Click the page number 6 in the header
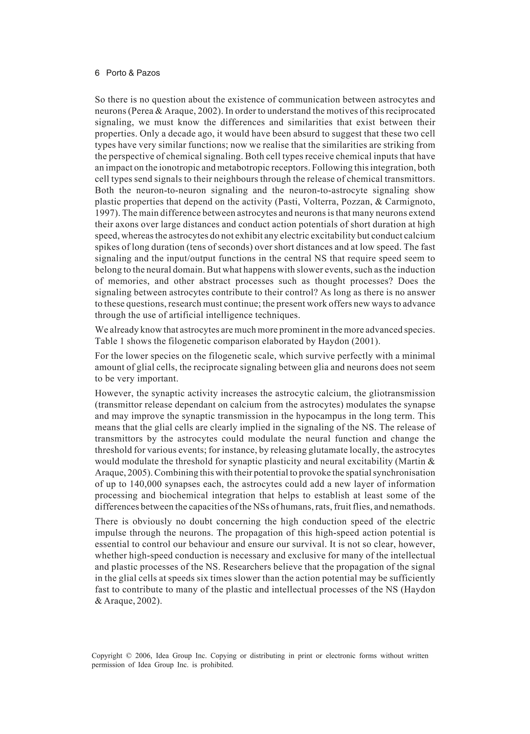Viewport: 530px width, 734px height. [97, 73]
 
